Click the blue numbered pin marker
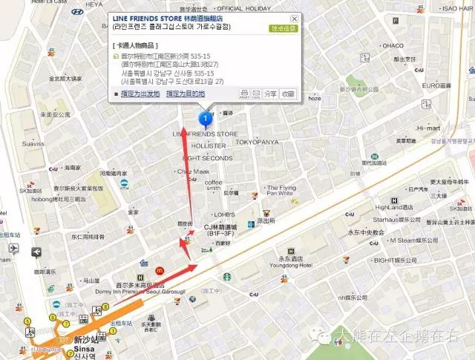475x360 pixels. click(x=206, y=118)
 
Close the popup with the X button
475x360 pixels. click(x=294, y=18)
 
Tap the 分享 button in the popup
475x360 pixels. click(x=270, y=94)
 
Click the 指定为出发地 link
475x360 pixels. click(x=140, y=94)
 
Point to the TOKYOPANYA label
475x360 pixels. click(x=257, y=141)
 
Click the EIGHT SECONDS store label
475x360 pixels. click(x=207, y=158)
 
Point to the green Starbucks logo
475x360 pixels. click(x=224, y=275)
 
